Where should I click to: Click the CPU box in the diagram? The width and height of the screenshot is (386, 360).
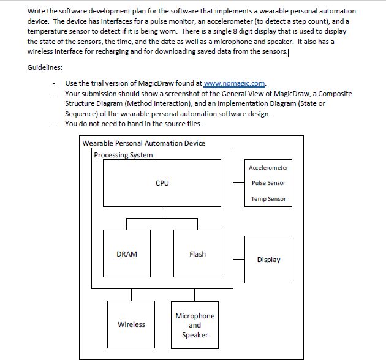[162, 182]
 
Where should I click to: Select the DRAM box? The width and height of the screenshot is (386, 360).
[127, 253]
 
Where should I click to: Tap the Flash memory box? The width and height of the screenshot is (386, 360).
[197, 253]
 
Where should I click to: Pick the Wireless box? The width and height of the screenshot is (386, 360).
[131, 324]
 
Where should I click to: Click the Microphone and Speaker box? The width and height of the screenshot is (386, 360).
[195, 325]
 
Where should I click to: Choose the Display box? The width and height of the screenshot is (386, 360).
[268, 260]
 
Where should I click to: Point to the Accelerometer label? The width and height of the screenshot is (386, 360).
[268, 167]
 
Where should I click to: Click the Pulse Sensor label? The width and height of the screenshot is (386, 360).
[268, 182]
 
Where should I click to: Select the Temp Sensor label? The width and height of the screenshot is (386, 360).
[268, 198]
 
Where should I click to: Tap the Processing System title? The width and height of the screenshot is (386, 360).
[123, 155]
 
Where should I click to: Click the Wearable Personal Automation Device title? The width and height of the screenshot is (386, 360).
[144, 143]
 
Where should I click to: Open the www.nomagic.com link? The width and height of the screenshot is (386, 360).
[235, 83]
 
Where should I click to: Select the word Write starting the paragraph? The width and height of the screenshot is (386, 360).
[37, 11]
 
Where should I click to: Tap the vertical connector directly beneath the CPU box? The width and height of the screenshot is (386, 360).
[162, 212]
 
